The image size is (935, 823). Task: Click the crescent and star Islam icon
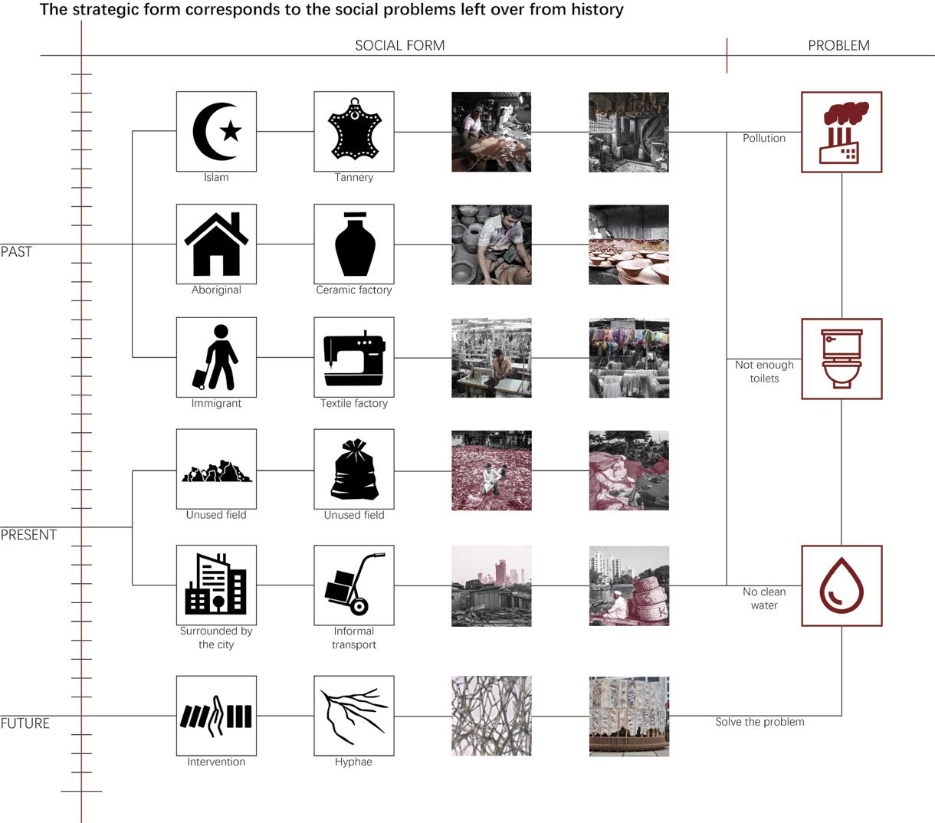pyautogui.click(x=216, y=132)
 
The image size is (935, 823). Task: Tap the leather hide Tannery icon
pyautogui.click(x=354, y=131)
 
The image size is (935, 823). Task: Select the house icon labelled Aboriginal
pyautogui.click(x=216, y=244)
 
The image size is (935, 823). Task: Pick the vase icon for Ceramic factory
pyautogui.click(x=354, y=244)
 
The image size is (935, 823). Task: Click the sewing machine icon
pyautogui.click(x=354, y=358)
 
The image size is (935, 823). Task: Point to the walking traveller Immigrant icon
pyautogui.click(x=216, y=358)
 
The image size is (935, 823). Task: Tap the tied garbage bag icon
pyautogui.click(x=354, y=470)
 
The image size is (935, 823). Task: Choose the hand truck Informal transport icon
pyautogui.click(x=354, y=585)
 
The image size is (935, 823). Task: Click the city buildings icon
pyautogui.click(x=216, y=585)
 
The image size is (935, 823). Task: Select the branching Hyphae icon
pyautogui.click(x=354, y=716)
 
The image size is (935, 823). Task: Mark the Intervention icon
pyautogui.click(x=216, y=716)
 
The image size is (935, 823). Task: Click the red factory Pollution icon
pyautogui.click(x=841, y=133)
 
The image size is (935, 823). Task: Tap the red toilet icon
pyautogui.click(x=841, y=359)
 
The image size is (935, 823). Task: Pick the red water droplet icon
pyautogui.click(x=841, y=585)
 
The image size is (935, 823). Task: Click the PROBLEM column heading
pyautogui.click(x=838, y=46)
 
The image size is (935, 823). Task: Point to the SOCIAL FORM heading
pyautogui.click(x=399, y=46)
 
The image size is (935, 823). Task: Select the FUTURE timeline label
pyautogui.click(x=25, y=723)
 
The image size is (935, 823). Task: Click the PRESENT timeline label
pyautogui.click(x=28, y=535)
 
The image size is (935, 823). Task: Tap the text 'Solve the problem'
pyautogui.click(x=759, y=722)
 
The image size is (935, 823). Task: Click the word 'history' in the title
pyautogui.click(x=592, y=10)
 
